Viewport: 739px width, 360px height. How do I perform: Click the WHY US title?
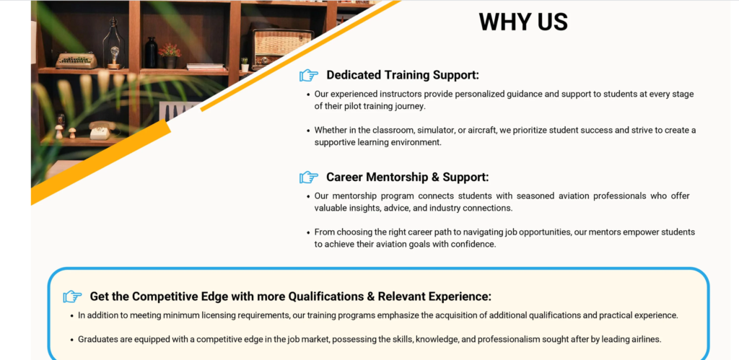click(x=523, y=22)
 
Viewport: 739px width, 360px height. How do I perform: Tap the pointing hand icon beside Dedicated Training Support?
click(x=309, y=76)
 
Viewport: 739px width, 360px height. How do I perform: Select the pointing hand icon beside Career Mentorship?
click(x=309, y=177)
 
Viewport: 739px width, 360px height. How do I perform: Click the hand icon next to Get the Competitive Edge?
click(x=73, y=297)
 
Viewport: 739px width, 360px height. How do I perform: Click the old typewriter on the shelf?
click(x=76, y=61)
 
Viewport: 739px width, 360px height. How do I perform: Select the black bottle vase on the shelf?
click(x=151, y=53)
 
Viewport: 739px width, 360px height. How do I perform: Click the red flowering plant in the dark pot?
click(x=170, y=56)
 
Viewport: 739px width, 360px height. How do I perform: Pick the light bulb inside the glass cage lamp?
click(x=114, y=52)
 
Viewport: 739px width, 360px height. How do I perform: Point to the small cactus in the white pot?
click(x=245, y=64)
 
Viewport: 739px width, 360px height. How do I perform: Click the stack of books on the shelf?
click(x=205, y=67)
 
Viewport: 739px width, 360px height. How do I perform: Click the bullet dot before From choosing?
click(x=308, y=232)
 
